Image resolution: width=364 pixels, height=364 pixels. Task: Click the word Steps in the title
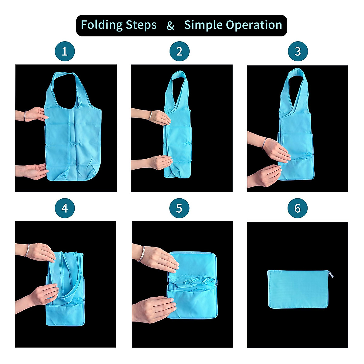tap(141, 25)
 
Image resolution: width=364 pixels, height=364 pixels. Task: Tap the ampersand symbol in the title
tap(170, 26)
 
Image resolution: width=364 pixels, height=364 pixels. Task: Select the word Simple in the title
tap(203, 25)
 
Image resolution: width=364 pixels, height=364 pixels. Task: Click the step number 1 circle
tap(65, 51)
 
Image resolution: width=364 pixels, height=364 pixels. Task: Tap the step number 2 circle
tap(179, 51)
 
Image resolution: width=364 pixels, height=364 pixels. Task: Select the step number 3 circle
tap(298, 51)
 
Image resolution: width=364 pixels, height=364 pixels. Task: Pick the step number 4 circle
tap(65, 208)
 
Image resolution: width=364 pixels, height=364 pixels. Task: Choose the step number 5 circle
tap(179, 208)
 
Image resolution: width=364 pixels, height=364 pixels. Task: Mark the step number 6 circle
tap(298, 208)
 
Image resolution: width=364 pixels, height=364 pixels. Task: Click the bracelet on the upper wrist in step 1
tap(25, 116)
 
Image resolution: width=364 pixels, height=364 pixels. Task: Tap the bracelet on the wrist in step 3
tap(266, 142)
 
